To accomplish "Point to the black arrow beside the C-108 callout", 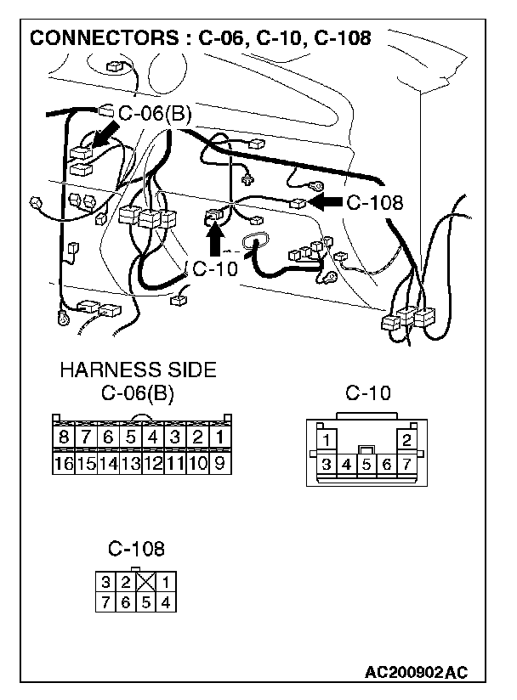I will pos(325,201).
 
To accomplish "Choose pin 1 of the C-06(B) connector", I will pos(219,437).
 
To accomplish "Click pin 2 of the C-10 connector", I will pos(407,440).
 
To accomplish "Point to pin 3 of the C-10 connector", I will pos(327,465).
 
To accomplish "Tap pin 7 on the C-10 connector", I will pos(407,465).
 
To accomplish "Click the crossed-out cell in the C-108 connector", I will pos(146,583).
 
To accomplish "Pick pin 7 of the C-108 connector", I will pos(105,602).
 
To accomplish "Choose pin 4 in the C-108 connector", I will pos(167,602).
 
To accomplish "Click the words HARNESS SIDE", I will pos(137,370).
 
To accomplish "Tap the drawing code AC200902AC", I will pos(417,673).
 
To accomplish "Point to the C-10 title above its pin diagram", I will pos(368,393).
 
